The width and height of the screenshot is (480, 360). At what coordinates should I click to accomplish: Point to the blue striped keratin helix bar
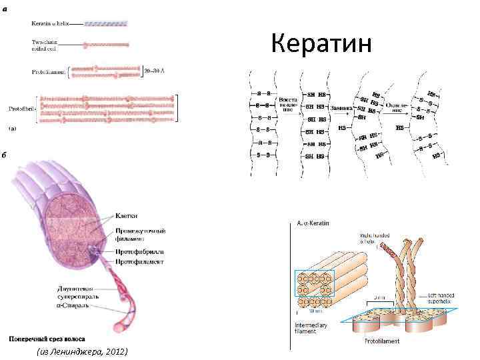[105, 23]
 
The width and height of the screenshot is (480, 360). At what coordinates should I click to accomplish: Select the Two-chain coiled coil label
[44, 45]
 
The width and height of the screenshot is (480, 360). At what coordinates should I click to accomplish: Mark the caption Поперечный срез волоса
[47, 338]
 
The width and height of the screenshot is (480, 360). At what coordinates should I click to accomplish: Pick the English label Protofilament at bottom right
[381, 341]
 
